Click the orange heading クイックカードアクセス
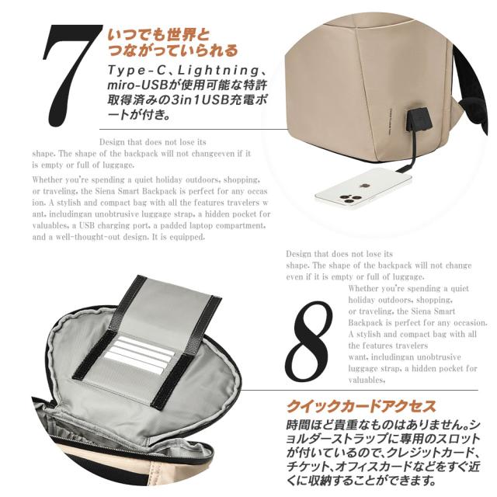360,406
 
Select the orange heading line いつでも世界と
158,33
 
